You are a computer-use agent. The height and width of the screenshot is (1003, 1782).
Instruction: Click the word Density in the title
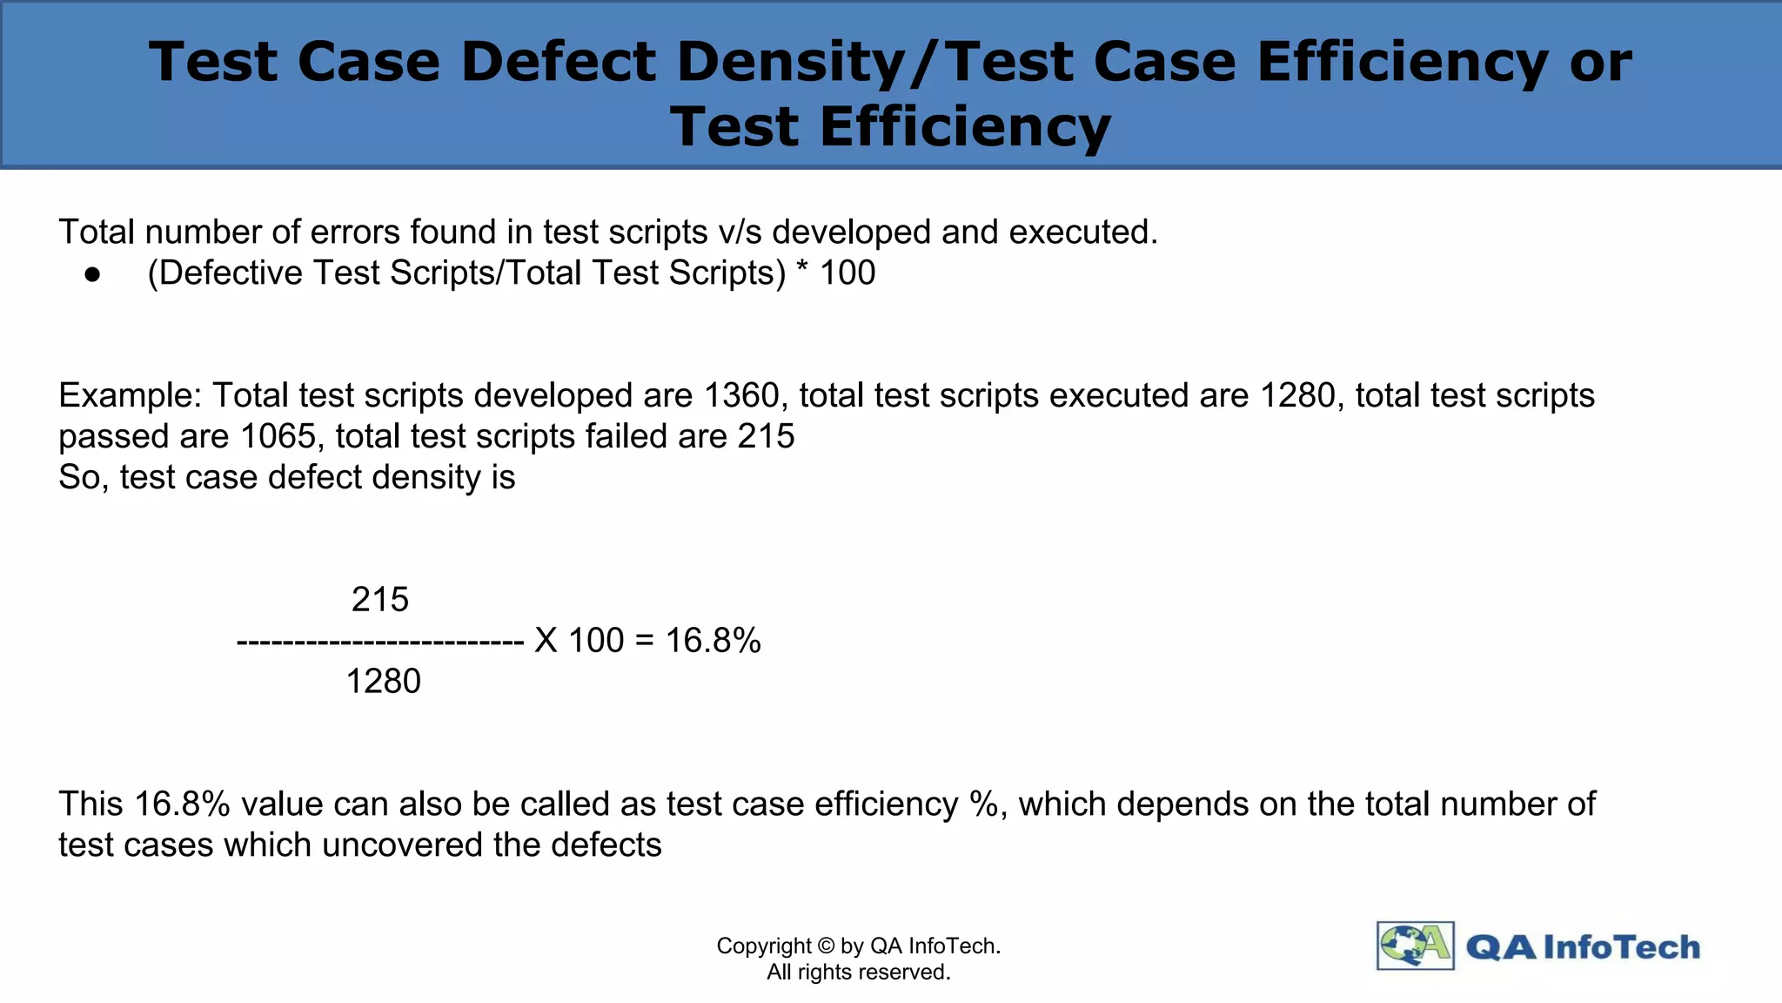788,63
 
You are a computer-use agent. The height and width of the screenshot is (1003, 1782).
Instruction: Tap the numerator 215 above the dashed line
380,600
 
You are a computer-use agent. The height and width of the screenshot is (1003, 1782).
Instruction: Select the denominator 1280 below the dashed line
383,681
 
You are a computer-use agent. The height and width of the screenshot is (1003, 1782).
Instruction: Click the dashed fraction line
379,643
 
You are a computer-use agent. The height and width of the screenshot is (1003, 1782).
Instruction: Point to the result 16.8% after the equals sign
713,641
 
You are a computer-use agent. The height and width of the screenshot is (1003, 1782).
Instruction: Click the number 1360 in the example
741,396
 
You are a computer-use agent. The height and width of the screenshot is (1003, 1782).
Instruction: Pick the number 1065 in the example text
278,436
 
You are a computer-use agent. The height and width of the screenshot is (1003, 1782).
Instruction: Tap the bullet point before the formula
93,275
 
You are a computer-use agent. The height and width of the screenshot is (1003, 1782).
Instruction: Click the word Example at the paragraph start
130,396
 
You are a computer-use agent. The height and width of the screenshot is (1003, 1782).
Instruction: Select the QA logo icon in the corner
1415,946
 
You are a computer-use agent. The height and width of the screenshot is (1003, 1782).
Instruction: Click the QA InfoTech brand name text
1583,947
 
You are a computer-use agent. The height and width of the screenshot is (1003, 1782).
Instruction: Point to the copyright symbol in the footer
827,946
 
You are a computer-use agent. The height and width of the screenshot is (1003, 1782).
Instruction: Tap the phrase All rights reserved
858,973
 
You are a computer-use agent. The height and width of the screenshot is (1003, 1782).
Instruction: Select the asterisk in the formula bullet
802,270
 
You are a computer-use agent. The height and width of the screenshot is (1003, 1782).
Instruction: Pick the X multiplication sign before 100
546,641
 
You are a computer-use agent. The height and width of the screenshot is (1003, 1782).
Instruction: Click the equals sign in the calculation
644,641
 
